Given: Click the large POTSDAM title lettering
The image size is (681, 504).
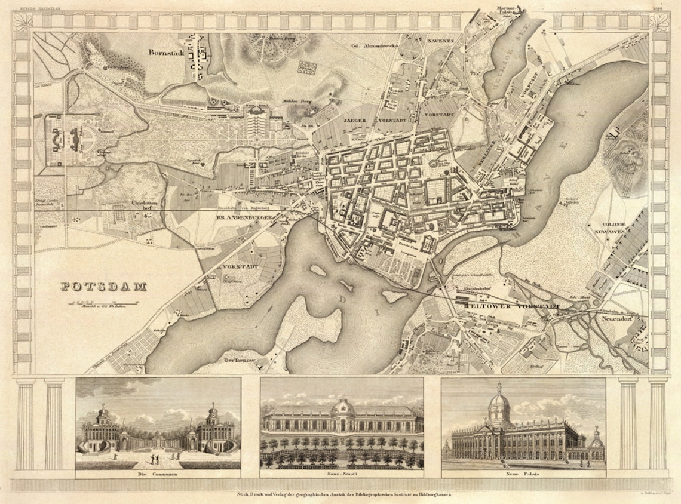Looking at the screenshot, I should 104,287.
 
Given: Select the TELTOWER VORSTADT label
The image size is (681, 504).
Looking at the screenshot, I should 513,306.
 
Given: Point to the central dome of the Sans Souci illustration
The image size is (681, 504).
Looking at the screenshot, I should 343,408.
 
